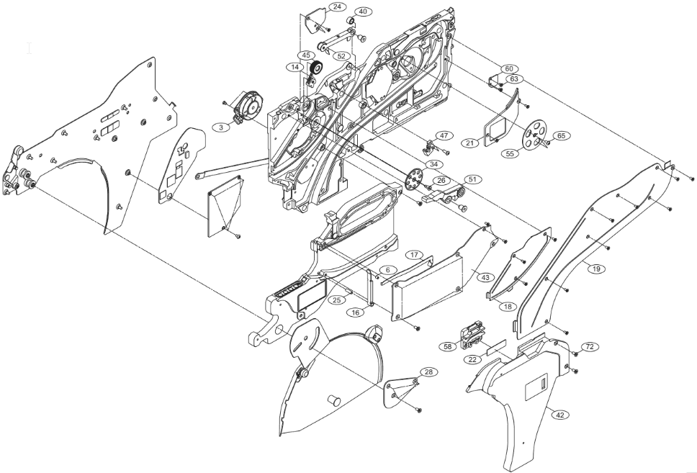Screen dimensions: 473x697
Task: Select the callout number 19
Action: (595, 269)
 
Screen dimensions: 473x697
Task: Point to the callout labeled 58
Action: (448, 346)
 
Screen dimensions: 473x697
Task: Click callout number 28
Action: (428, 371)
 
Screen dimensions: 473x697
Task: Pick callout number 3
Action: (217, 127)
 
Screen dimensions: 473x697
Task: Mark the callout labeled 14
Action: (293, 67)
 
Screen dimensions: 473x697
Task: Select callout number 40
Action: (362, 12)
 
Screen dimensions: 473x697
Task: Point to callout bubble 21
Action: (469, 143)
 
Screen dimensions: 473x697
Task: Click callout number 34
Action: (433, 165)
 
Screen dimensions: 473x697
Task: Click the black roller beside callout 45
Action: (315, 71)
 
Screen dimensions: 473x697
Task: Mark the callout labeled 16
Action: (355, 312)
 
